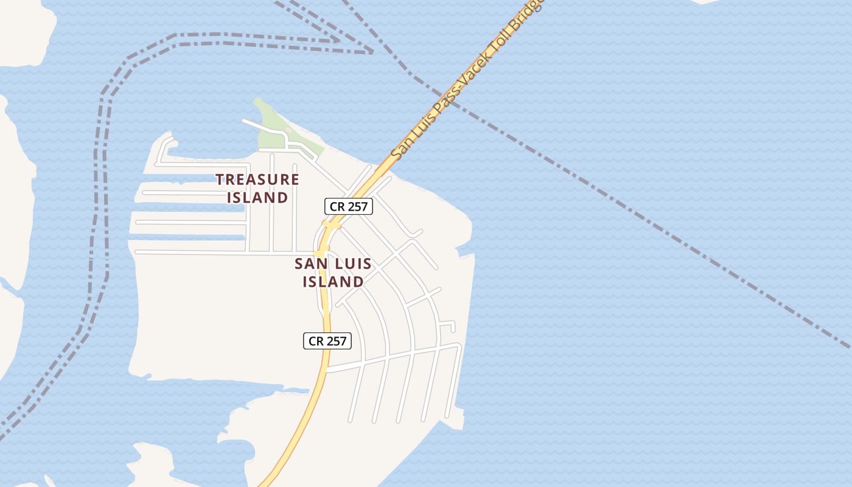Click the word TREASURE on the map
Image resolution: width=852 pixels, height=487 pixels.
(257, 180)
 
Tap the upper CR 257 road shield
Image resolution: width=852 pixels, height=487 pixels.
(349, 206)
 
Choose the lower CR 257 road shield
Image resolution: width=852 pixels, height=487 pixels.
(327, 341)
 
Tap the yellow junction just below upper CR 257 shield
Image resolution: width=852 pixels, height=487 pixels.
(331, 226)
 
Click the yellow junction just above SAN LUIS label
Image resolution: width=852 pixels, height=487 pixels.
(320, 253)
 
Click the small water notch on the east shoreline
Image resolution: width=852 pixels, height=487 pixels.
(466, 251)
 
